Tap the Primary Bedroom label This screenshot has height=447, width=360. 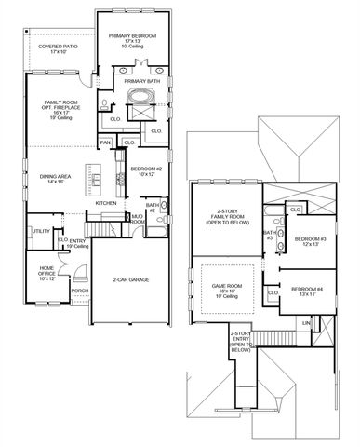(133, 38)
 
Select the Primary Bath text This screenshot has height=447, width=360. (142, 81)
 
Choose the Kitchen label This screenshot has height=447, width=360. (105, 202)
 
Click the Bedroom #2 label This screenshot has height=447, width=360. (147, 170)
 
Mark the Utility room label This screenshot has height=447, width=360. (41, 231)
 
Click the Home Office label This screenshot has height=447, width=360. (47, 274)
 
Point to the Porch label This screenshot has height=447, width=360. (80, 290)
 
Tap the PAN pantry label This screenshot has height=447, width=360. (107, 142)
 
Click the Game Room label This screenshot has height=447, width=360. (228, 291)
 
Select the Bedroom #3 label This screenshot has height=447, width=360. (308, 241)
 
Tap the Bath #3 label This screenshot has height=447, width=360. (270, 235)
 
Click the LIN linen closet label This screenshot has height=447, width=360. (306, 322)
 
